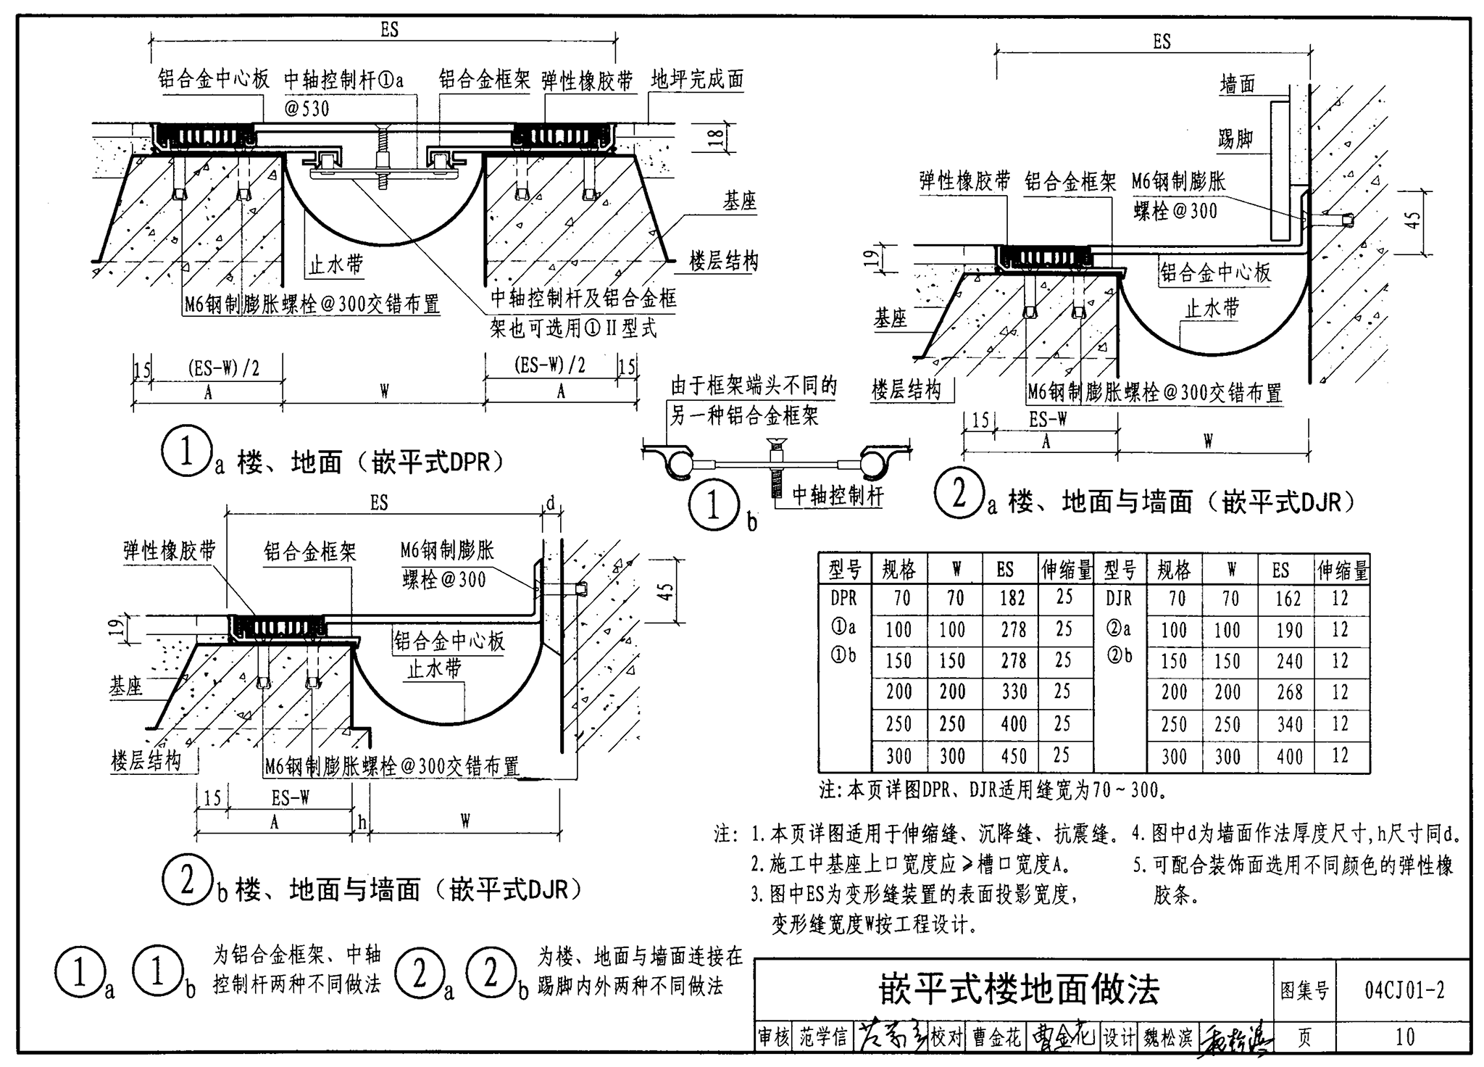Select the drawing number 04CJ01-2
1404,989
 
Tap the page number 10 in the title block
1404,1037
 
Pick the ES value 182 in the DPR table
1012,598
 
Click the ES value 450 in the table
1013,756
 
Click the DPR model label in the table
843,598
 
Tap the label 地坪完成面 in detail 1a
697,79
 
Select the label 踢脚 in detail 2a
1235,138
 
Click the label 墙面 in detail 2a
1237,85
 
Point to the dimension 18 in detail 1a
715,138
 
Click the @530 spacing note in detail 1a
307,109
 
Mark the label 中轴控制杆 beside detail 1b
838,496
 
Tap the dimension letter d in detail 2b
551,502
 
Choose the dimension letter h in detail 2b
362,821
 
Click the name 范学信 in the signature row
823,1037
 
